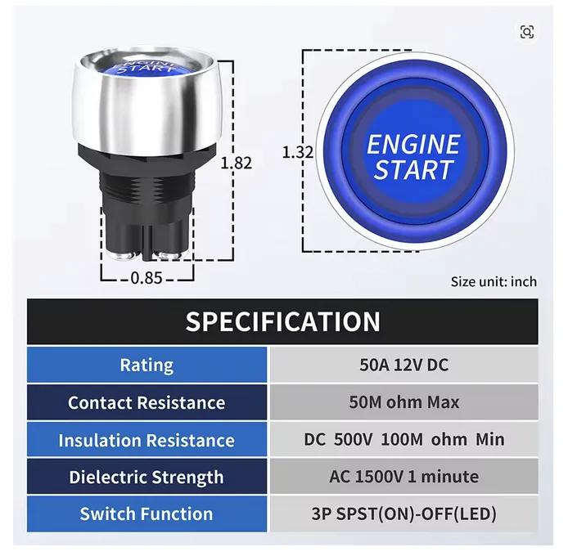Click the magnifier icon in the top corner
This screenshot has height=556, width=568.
tap(527, 32)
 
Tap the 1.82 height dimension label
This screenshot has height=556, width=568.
tap(237, 163)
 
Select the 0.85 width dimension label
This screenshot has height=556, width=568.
tap(147, 278)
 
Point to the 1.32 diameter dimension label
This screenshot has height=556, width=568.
tap(298, 152)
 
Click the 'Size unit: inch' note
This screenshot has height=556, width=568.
tap(494, 281)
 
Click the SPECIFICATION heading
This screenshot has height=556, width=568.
tap(283, 321)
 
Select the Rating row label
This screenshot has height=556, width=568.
tap(147, 365)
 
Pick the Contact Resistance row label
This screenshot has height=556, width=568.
tap(147, 402)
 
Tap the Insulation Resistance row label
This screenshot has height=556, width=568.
tap(147, 440)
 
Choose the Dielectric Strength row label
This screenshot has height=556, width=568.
tap(147, 478)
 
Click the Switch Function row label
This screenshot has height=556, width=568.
tap(147, 514)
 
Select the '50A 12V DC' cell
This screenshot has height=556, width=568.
tap(404, 365)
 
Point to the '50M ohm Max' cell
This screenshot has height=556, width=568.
tap(404, 402)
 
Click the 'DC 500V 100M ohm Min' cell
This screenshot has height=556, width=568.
tap(404, 439)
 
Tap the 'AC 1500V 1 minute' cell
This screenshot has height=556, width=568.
tap(404, 477)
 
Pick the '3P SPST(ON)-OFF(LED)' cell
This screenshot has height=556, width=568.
tap(404, 514)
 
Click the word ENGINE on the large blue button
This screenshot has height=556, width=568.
tap(413, 145)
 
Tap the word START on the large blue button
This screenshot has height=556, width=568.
tap(413, 169)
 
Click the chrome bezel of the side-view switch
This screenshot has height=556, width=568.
tap(147, 109)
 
